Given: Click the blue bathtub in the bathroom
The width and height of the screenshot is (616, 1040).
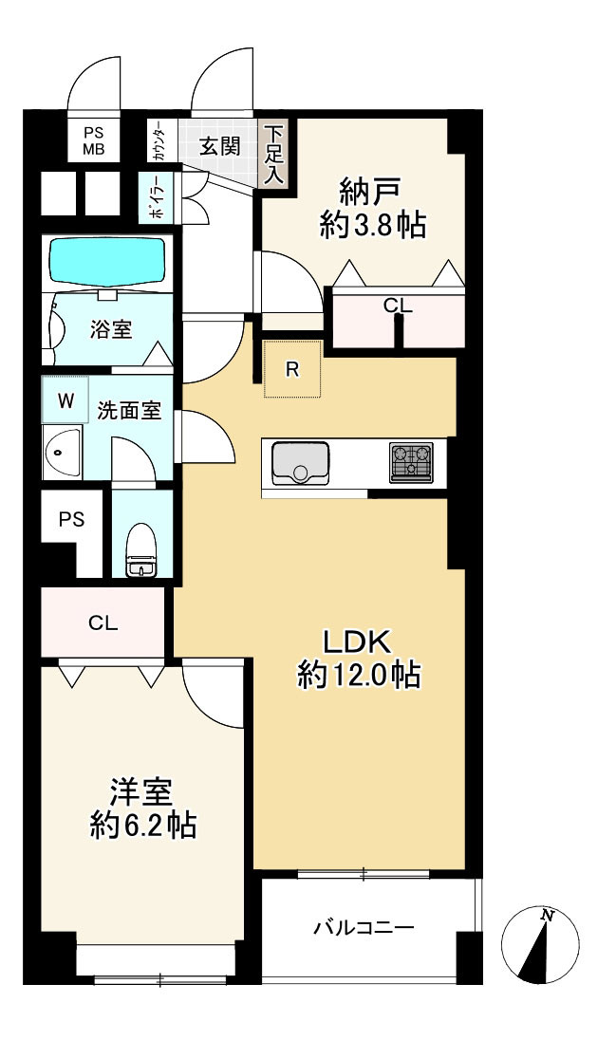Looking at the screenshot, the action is tap(107, 261).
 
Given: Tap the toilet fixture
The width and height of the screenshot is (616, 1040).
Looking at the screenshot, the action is tap(141, 549).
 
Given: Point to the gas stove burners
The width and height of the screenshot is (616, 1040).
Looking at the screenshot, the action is tap(411, 461).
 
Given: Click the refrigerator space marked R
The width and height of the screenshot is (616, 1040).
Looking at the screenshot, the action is tap(292, 369).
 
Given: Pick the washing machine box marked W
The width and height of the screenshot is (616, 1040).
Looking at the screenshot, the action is tap(65, 399).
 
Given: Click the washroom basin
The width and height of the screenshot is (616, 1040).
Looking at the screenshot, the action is tap(62, 454).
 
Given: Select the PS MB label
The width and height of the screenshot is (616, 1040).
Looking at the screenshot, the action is tap(94, 141).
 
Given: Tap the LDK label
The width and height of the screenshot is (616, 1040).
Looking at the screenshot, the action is tap(358, 642).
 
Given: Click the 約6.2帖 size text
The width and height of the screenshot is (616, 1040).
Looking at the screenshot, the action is tap(142, 826).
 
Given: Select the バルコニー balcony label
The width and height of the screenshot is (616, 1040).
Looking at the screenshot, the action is tap(364, 926).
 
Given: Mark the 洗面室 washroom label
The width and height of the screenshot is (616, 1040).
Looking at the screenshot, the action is tap(129, 411).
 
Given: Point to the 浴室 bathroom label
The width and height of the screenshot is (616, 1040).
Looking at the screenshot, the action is tap(111, 329).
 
